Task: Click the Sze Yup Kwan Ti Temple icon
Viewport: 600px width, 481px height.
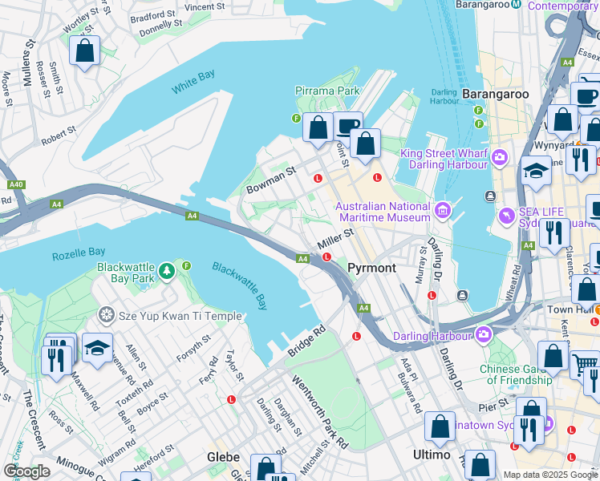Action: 106,316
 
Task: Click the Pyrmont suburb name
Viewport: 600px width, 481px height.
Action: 373,267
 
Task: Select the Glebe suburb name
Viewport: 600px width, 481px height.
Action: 224,456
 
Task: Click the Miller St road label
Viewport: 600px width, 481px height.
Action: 335,238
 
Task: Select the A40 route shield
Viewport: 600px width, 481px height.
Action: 16,184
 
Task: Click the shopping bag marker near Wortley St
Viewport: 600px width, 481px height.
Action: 84,51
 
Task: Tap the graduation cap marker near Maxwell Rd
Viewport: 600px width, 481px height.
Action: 97,348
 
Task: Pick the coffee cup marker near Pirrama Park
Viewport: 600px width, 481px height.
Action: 347,126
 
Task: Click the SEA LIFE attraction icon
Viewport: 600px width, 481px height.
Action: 506,216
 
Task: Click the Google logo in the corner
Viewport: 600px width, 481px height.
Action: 26,471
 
